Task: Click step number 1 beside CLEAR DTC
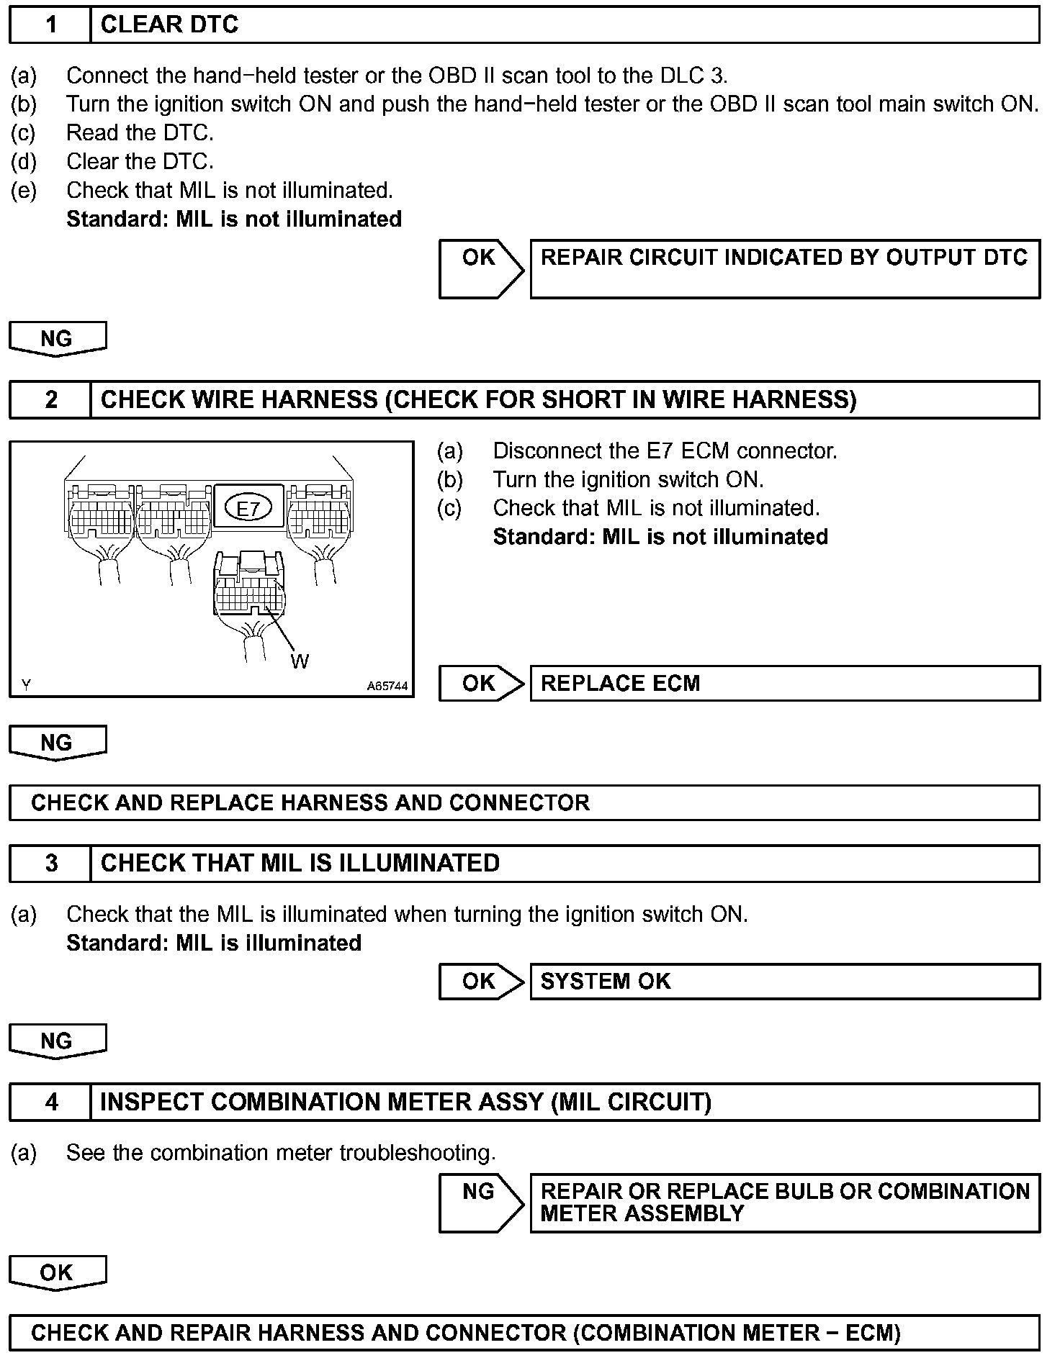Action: [x=50, y=25]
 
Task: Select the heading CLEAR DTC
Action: [x=169, y=25]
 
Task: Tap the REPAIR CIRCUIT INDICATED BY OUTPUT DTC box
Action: [x=784, y=268]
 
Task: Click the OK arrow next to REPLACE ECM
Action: [x=480, y=683]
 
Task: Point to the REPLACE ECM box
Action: [x=784, y=683]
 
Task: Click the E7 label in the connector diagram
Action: [x=248, y=509]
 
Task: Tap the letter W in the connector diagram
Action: [x=300, y=661]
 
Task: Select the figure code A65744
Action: [x=387, y=687]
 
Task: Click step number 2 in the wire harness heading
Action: [x=50, y=399]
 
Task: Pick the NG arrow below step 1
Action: [x=57, y=338]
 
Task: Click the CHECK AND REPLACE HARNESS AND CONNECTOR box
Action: [x=524, y=802]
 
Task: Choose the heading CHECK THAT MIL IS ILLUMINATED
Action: [x=300, y=863]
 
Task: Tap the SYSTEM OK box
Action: [x=784, y=982]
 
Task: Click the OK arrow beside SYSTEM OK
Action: [x=480, y=982]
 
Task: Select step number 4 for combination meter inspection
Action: [x=50, y=1102]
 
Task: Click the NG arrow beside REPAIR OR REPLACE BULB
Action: [x=480, y=1204]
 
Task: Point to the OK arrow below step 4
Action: [x=57, y=1272]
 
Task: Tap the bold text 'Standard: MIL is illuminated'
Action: [x=214, y=943]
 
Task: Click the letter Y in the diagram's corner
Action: [x=26, y=685]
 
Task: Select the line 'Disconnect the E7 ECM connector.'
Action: [x=665, y=451]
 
